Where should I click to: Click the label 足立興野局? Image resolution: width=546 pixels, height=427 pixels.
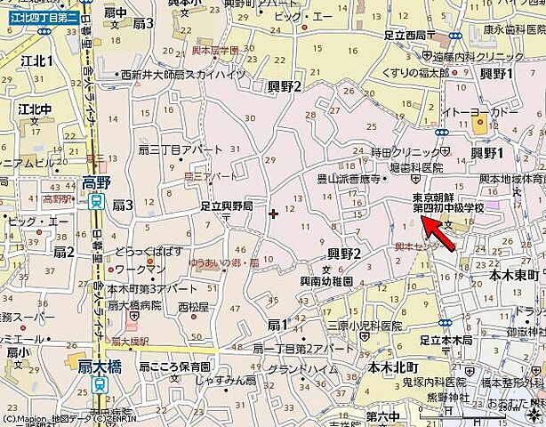click(x=226, y=205)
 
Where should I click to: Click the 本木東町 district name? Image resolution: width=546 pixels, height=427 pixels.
click(x=515, y=277)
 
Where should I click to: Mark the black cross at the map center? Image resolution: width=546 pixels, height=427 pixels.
click(x=273, y=213)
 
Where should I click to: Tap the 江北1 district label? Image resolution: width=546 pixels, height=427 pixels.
click(x=37, y=60)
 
